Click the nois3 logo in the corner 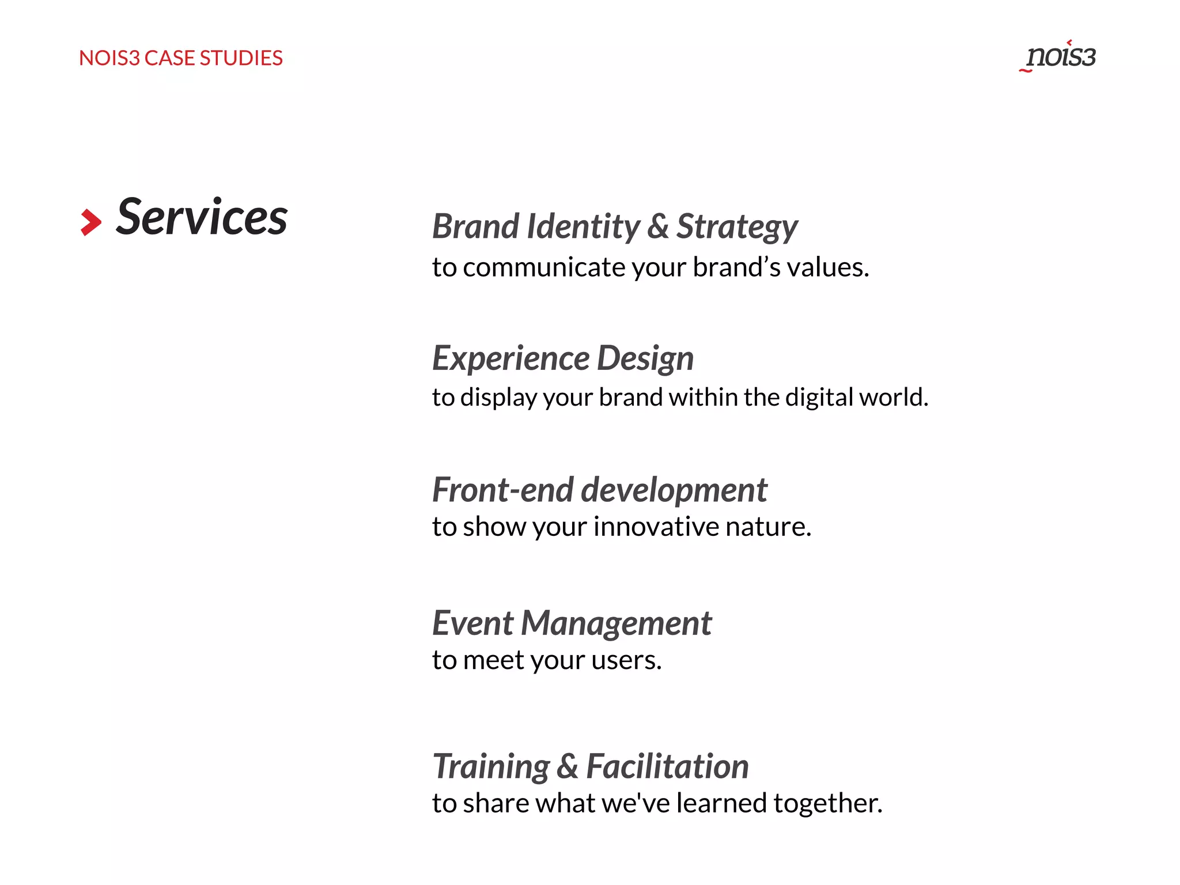pos(1059,56)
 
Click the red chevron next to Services pos(90,222)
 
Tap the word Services pos(202,218)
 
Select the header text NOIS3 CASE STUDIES pos(180,58)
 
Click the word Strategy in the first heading pos(736,227)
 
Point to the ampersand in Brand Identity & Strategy pos(657,226)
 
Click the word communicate pos(543,267)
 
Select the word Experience pos(510,358)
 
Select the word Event pos(472,623)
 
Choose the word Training pos(491,767)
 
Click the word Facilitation pos(667,767)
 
